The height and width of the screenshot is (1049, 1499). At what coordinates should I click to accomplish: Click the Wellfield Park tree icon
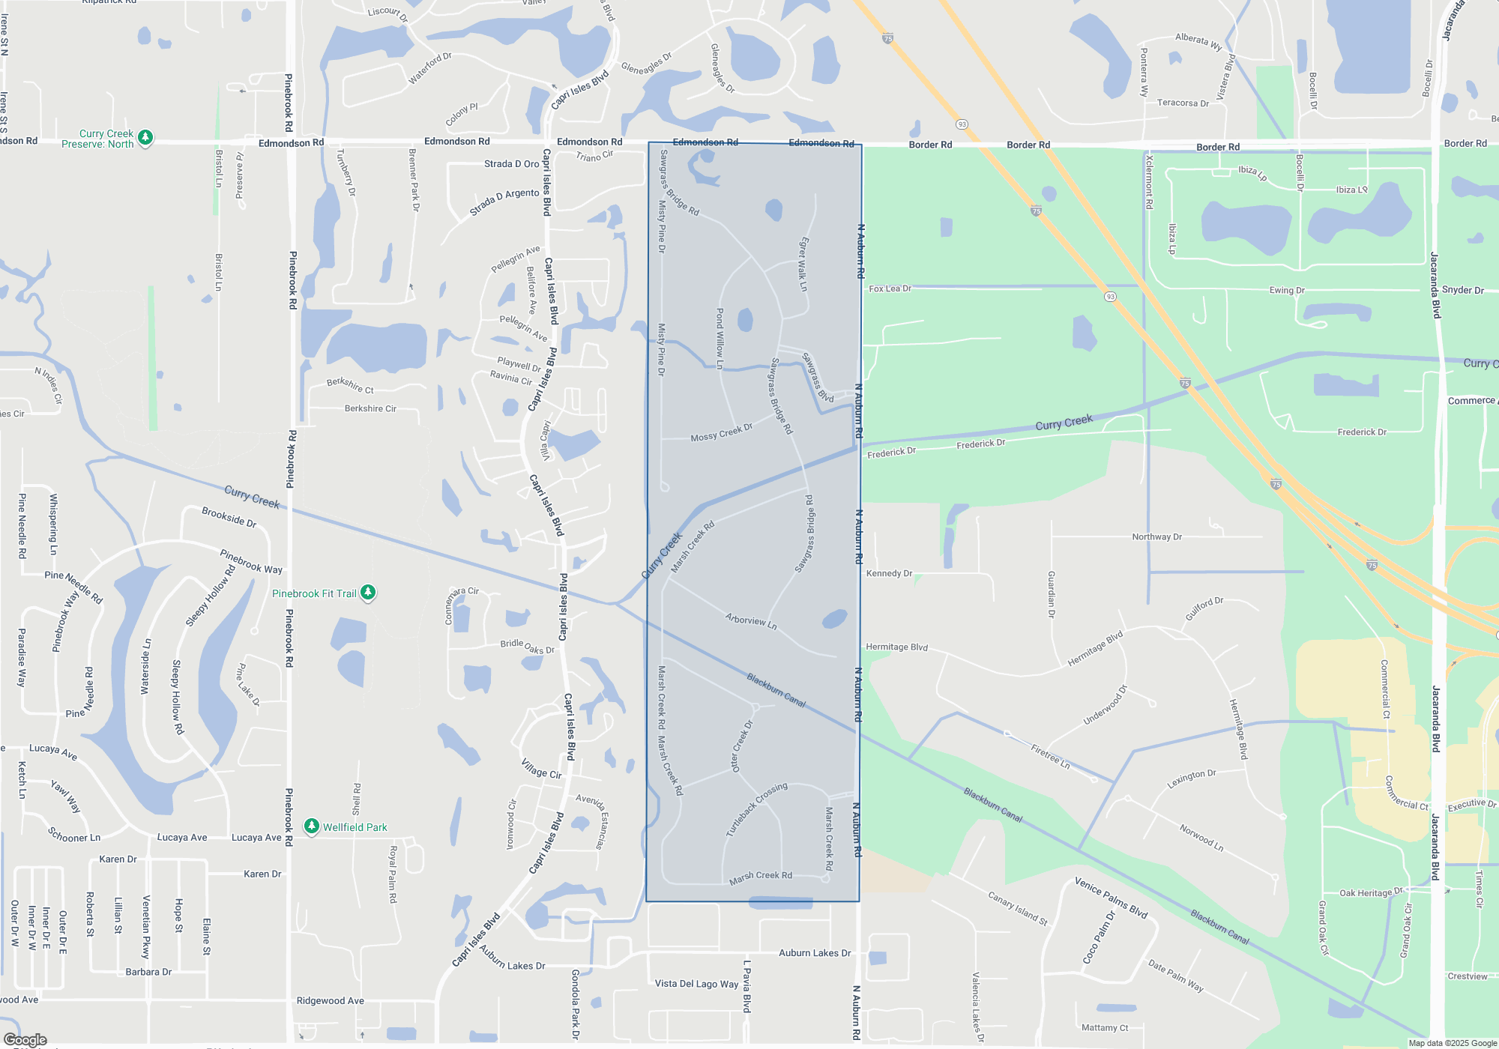[312, 826]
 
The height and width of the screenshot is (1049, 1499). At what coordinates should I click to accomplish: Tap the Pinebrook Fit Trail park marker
[368, 593]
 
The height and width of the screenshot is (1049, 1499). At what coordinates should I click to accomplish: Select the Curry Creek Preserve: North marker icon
[146, 137]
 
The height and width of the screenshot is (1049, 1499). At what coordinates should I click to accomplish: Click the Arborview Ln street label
[751, 620]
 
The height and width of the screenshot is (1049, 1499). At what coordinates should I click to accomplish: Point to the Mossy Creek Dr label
[721, 433]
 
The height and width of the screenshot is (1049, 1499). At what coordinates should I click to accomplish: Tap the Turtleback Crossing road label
[756, 809]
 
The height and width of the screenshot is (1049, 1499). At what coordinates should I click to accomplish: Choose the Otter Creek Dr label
[741, 746]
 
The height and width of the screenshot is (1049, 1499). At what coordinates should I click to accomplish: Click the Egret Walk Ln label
[803, 264]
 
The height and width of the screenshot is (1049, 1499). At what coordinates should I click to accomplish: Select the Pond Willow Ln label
[720, 338]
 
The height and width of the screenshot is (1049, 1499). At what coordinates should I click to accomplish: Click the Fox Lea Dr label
[890, 288]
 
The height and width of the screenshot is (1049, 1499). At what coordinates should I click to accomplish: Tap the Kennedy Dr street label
[889, 573]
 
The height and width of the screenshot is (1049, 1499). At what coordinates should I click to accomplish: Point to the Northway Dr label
[1156, 536]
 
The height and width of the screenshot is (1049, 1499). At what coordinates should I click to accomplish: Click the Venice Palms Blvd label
[1111, 897]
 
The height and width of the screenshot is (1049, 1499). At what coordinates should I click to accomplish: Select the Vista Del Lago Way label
[696, 984]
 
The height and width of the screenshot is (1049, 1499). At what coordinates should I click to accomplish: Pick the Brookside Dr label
[229, 517]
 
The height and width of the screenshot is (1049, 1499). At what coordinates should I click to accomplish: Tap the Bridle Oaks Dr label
[527, 646]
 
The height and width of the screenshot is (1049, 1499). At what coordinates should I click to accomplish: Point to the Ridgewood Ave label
[330, 1000]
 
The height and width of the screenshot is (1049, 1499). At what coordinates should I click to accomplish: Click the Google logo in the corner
[25, 1039]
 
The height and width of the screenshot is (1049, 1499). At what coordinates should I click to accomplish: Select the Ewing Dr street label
[1287, 290]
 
